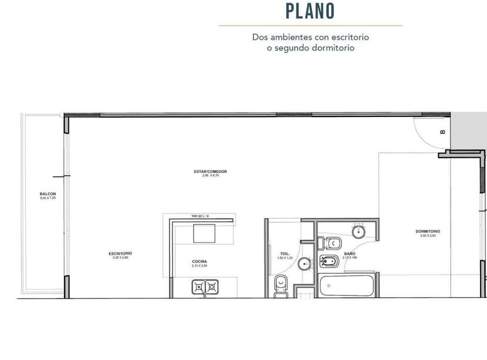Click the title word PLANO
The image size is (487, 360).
310,11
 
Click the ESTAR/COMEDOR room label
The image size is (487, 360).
211,171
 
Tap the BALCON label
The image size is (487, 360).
48,194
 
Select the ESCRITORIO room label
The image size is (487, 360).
120,254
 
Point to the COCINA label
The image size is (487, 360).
199,261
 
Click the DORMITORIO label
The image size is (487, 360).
428,231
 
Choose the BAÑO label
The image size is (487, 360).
349,254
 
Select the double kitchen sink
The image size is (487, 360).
205,286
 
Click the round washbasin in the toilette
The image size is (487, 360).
305,264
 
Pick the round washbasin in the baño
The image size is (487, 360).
359,232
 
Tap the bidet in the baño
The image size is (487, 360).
329,261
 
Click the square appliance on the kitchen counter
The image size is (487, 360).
205,234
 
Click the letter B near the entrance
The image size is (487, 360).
442,132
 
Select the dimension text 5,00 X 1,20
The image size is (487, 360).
48,198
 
